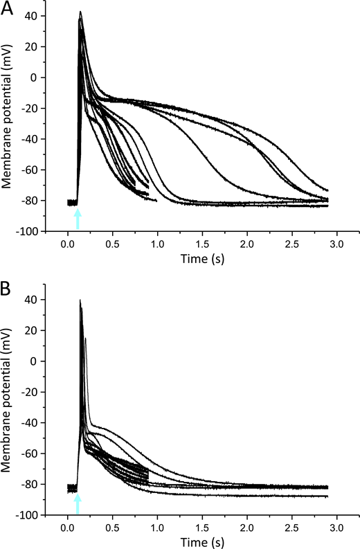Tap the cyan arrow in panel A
(x=78, y=219)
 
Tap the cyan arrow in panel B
(x=78, y=503)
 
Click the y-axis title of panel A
(x=9, y=122)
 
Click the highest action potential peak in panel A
(x=80, y=12)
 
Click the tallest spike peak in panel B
(x=80, y=300)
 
